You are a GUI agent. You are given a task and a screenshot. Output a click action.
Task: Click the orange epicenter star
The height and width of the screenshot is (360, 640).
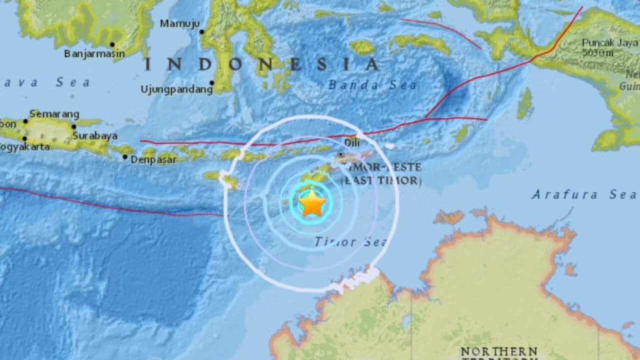[312, 202]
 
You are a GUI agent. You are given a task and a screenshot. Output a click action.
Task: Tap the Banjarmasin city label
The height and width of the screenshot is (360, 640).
[94, 53]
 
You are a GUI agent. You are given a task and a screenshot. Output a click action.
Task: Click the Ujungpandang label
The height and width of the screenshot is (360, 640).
[176, 89]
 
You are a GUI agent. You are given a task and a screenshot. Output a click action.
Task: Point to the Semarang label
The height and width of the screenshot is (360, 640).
[54, 114]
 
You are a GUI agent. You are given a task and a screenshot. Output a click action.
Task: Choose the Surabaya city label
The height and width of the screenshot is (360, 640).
[95, 135]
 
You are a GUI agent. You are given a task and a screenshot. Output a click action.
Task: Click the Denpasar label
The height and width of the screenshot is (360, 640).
[155, 160]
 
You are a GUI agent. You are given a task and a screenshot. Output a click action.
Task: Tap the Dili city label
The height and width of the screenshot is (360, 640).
[352, 142]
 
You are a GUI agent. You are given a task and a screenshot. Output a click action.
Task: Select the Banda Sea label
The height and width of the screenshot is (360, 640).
[372, 85]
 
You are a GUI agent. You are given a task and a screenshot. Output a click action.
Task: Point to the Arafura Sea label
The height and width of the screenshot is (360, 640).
[584, 194]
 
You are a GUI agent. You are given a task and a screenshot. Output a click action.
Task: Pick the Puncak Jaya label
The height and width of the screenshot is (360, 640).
[609, 42]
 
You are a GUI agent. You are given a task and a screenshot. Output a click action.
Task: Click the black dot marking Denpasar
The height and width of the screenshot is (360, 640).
[125, 156]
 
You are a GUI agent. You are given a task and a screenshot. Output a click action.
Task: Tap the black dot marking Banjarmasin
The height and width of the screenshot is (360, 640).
[112, 44]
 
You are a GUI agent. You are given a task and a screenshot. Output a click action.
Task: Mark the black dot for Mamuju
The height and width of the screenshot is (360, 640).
[202, 31]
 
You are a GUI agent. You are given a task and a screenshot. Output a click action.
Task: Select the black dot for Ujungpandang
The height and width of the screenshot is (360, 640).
[211, 83]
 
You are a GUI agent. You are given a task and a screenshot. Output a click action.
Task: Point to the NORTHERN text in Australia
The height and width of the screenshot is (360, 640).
[498, 351]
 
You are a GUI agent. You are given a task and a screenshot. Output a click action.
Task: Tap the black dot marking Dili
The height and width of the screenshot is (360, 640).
[340, 154]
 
